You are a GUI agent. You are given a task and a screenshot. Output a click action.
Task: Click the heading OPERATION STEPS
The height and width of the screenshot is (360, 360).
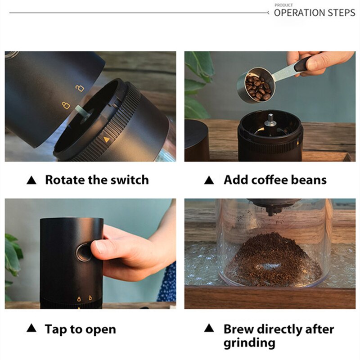tap(314, 13)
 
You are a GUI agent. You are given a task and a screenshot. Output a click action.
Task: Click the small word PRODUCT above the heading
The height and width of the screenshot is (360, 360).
tap(283, 5)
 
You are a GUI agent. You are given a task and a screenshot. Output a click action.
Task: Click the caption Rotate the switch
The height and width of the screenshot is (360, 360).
tap(97, 180)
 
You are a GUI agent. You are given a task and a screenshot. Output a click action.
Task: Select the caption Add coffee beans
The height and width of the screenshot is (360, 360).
tap(275, 180)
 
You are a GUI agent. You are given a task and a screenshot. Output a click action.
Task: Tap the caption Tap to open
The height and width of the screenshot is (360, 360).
tap(80, 329)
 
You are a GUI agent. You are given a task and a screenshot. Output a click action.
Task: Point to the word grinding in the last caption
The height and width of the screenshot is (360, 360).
tap(249, 343)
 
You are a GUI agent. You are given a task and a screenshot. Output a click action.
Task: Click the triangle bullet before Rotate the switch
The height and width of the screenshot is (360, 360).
tap(31, 180)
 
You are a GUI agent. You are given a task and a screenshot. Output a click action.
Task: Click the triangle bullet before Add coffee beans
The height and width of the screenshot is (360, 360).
tap(209, 180)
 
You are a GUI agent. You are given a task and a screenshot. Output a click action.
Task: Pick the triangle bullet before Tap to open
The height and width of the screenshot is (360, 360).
tap(31, 329)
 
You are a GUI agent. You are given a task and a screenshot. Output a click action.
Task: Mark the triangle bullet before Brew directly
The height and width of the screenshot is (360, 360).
tap(209, 329)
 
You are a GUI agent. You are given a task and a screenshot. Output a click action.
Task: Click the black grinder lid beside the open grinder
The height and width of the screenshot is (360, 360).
tap(196, 139)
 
